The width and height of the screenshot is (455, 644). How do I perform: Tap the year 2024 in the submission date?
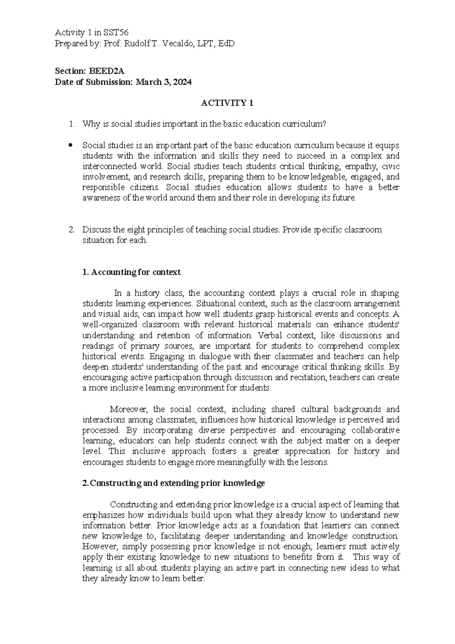click(x=183, y=82)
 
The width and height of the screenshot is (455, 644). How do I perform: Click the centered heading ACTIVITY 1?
click(x=227, y=103)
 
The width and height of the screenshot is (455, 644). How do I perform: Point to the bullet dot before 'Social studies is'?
click(x=69, y=145)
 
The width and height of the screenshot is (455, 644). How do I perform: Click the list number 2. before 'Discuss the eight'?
click(x=71, y=230)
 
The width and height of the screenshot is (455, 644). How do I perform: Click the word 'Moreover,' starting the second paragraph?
click(x=130, y=409)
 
